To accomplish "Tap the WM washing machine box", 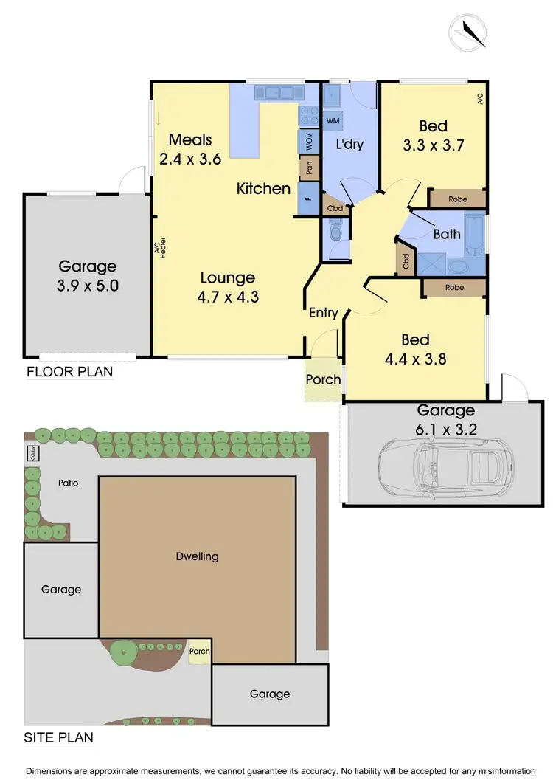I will point(332,120).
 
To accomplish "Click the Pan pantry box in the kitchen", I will point(306,168).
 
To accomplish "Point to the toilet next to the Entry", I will point(335,235).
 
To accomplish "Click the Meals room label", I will point(190,139).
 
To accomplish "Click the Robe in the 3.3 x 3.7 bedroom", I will point(458,199).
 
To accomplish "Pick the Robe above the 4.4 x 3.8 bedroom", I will point(454,287).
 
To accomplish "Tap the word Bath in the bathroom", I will point(447,235).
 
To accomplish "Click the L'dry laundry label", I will point(349,145).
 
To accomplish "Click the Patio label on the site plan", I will point(69,483).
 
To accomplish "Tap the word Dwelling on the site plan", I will point(198,556).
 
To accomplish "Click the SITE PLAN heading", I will point(58,737).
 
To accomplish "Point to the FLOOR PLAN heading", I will point(69,371).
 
